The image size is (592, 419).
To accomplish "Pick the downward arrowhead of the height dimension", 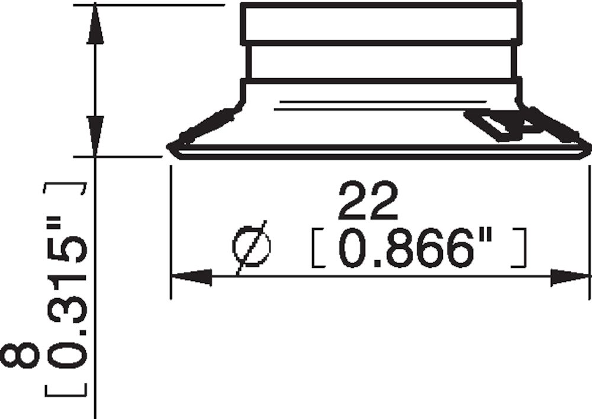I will coord(95,133).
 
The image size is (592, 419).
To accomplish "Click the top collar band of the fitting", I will coord(381,23).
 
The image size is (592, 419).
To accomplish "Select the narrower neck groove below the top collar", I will coord(381,62).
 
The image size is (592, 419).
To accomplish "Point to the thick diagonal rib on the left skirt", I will coord(204,125).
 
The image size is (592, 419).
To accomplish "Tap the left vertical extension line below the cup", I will coord(170,231).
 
